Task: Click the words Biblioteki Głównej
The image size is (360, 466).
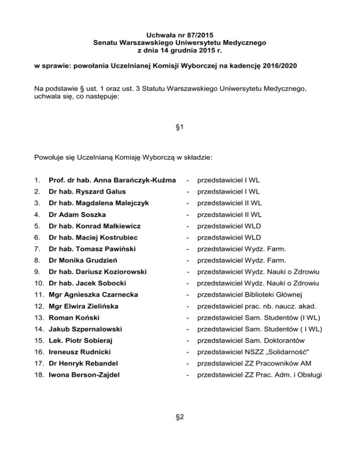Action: (280, 295)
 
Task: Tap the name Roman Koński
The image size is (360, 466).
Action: (70, 318)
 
